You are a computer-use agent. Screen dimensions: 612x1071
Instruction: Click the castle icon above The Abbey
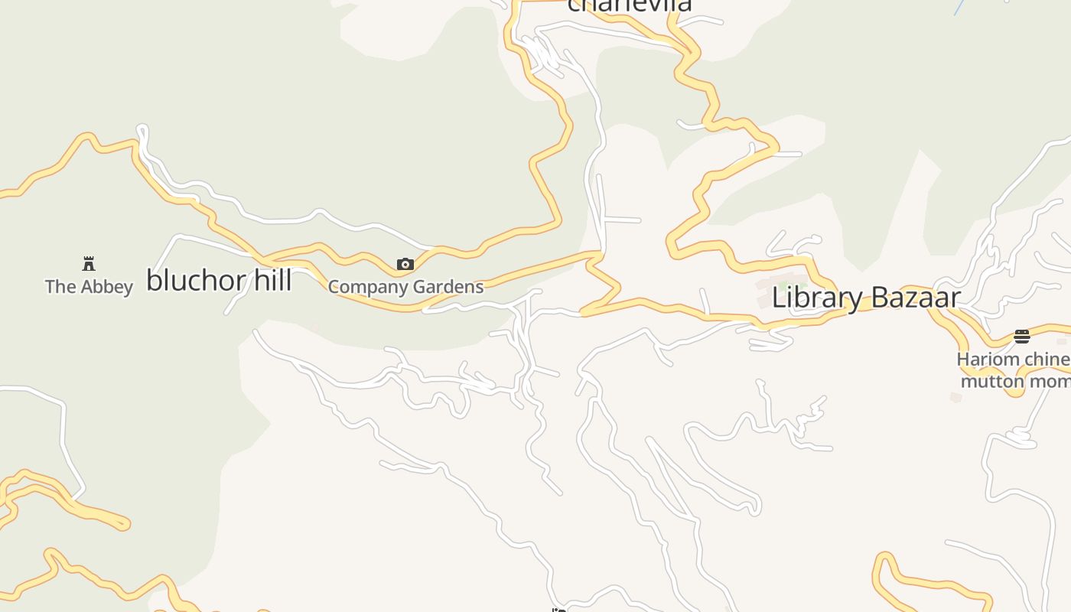pos(89,264)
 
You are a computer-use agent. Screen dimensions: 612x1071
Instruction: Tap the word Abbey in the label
pos(107,287)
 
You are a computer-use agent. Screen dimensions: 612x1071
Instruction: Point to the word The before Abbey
pos(60,287)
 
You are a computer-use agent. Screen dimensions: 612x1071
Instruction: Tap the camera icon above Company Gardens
pos(405,265)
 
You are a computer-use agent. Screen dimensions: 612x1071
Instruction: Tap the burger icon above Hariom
pos(1022,336)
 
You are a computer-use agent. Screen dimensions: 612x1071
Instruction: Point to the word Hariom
pos(988,359)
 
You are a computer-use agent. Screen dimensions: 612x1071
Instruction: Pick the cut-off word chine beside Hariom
pos(1048,359)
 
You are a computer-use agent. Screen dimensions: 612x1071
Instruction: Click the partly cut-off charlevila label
pos(629,6)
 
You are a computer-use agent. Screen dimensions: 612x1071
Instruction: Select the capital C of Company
pos(334,288)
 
